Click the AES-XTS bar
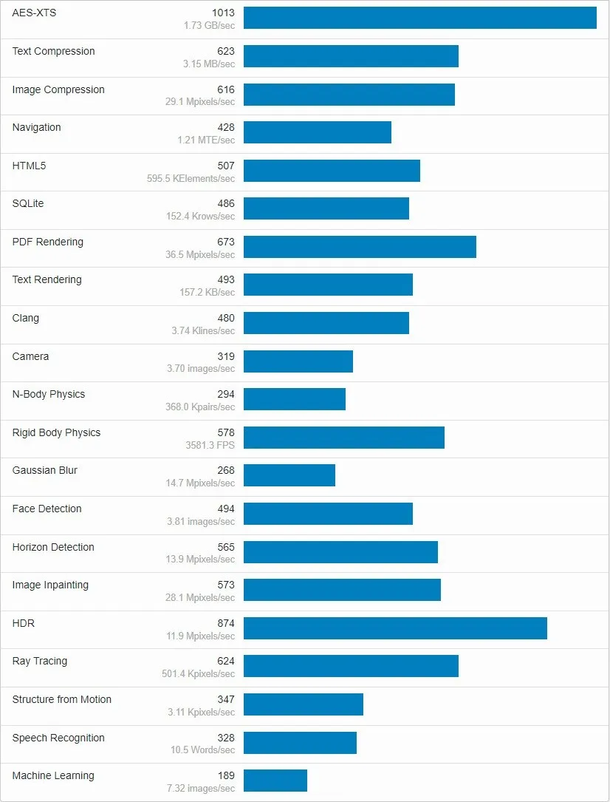[x=419, y=18]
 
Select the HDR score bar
[x=395, y=628]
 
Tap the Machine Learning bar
[x=275, y=781]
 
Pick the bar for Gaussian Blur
[x=289, y=475]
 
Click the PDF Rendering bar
[x=360, y=247]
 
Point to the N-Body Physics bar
[x=294, y=399]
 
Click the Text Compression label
[x=53, y=51]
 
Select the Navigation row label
[x=36, y=127]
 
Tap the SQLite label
[x=28, y=203]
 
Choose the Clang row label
[x=26, y=318]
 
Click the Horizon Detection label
[x=53, y=547]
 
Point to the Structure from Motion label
[x=62, y=699]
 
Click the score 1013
[x=222, y=13]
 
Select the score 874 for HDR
[x=225, y=623]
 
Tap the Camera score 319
[x=225, y=356]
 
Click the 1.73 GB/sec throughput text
[x=209, y=26]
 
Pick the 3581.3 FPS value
[x=210, y=445]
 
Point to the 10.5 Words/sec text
[x=202, y=750]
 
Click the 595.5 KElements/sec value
[x=191, y=178]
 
